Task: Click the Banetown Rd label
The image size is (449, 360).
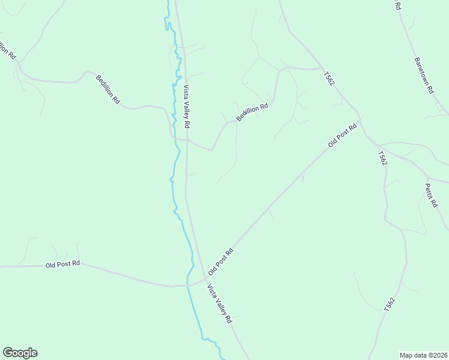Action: click(423, 76)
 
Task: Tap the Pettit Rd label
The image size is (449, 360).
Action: click(431, 195)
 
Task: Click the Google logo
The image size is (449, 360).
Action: click(20, 353)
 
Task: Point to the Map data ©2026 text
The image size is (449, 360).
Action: click(423, 355)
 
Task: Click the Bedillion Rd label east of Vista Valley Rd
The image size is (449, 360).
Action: click(252, 112)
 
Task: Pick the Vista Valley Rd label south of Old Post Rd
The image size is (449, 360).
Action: click(220, 304)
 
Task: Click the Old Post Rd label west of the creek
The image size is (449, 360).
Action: click(62, 265)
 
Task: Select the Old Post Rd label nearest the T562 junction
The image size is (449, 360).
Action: click(342, 135)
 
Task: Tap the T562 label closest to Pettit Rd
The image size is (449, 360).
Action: click(382, 158)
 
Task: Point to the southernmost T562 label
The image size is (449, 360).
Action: click(390, 304)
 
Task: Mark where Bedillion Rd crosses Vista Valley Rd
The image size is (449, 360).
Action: click(187, 140)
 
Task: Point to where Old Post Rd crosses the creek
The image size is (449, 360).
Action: click(188, 285)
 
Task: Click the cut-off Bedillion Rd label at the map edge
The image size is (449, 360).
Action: click(7, 49)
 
